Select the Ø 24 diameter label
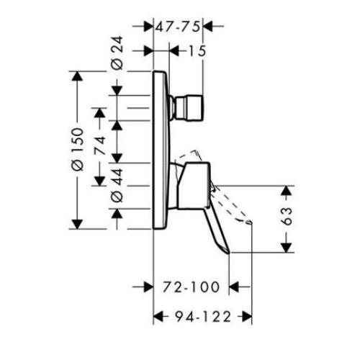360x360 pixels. click(x=118, y=61)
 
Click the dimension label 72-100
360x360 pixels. click(x=191, y=287)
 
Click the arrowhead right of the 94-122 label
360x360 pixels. click(x=246, y=315)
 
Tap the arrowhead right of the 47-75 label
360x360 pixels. click(x=208, y=27)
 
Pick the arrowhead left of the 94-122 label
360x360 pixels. click(x=158, y=315)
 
